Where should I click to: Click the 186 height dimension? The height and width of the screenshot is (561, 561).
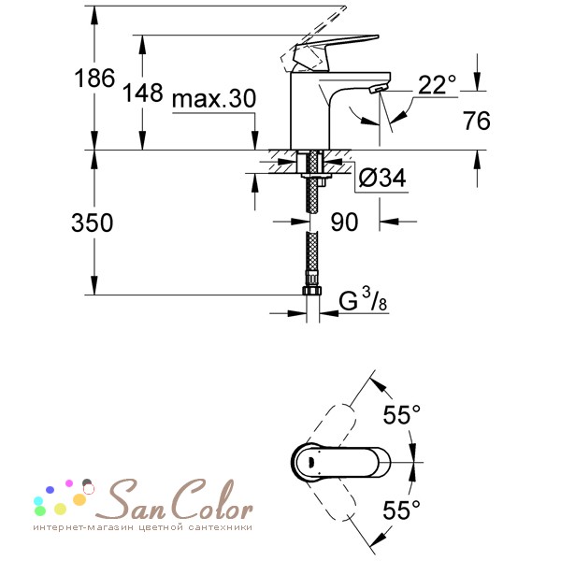click(x=94, y=78)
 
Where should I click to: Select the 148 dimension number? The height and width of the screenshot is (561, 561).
click(x=142, y=93)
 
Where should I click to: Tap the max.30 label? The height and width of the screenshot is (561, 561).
click(x=214, y=98)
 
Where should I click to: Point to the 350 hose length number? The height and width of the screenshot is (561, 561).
click(x=93, y=223)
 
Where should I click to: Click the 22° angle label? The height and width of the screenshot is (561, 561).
click(x=438, y=85)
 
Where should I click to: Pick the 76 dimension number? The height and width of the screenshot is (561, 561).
click(x=477, y=121)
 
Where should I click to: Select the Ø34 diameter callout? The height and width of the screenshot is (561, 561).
click(x=382, y=178)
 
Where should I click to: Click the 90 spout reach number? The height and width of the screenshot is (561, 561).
click(x=344, y=222)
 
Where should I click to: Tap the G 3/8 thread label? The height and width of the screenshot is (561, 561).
click(x=363, y=299)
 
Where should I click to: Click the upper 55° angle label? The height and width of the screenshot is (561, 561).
click(x=401, y=415)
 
